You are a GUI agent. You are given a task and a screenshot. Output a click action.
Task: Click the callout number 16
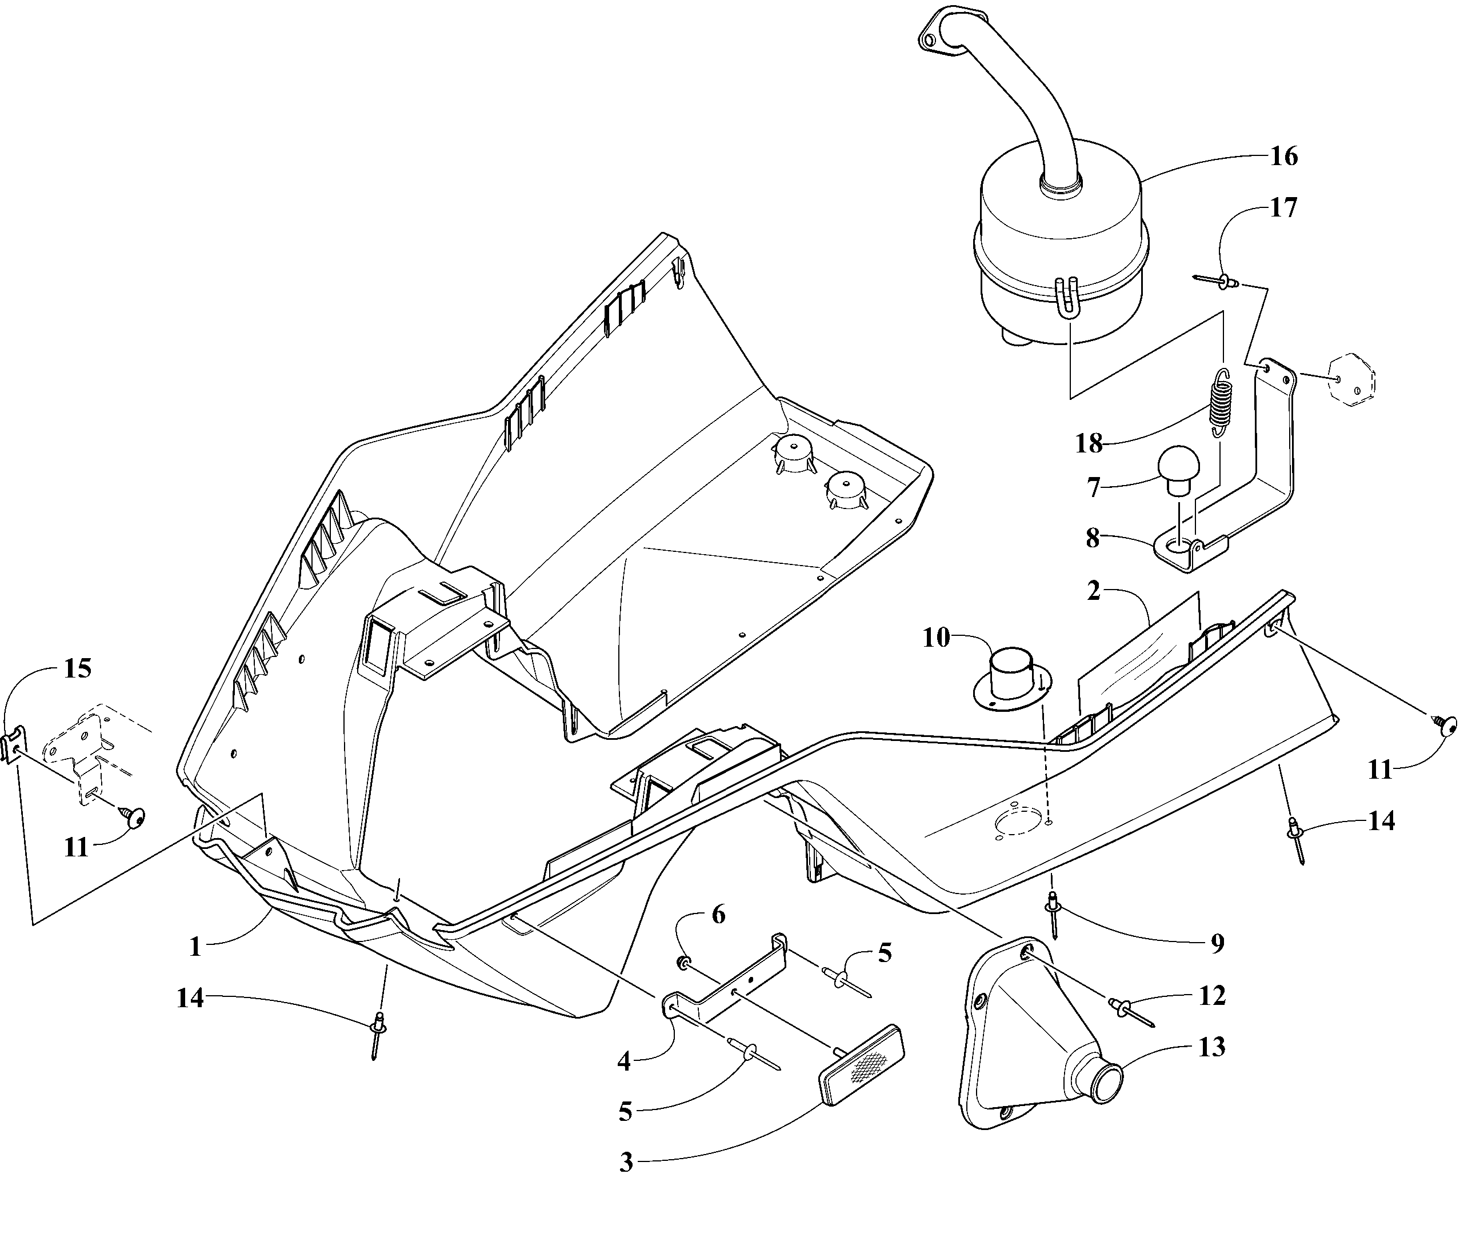(x=1283, y=157)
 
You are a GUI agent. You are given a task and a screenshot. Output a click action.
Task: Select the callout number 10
(x=936, y=638)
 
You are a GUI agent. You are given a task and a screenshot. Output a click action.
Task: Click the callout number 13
(x=1212, y=1047)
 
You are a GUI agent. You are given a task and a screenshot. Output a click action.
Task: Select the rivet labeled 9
(x=1054, y=912)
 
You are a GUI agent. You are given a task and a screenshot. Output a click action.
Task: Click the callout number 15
(x=78, y=668)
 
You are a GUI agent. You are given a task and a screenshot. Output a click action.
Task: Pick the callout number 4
(x=624, y=1061)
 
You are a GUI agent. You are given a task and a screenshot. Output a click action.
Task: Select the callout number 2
(x=1094, y=591)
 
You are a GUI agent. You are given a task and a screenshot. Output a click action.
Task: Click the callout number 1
(x=196, y=947)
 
